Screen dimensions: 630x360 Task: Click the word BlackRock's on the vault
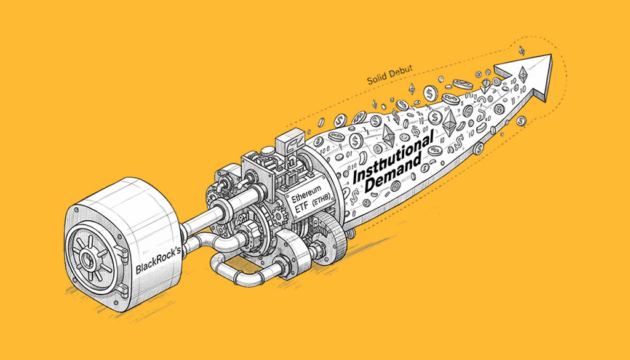(x=158, y=261)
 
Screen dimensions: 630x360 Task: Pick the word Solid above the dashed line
(x=375, y=79)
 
